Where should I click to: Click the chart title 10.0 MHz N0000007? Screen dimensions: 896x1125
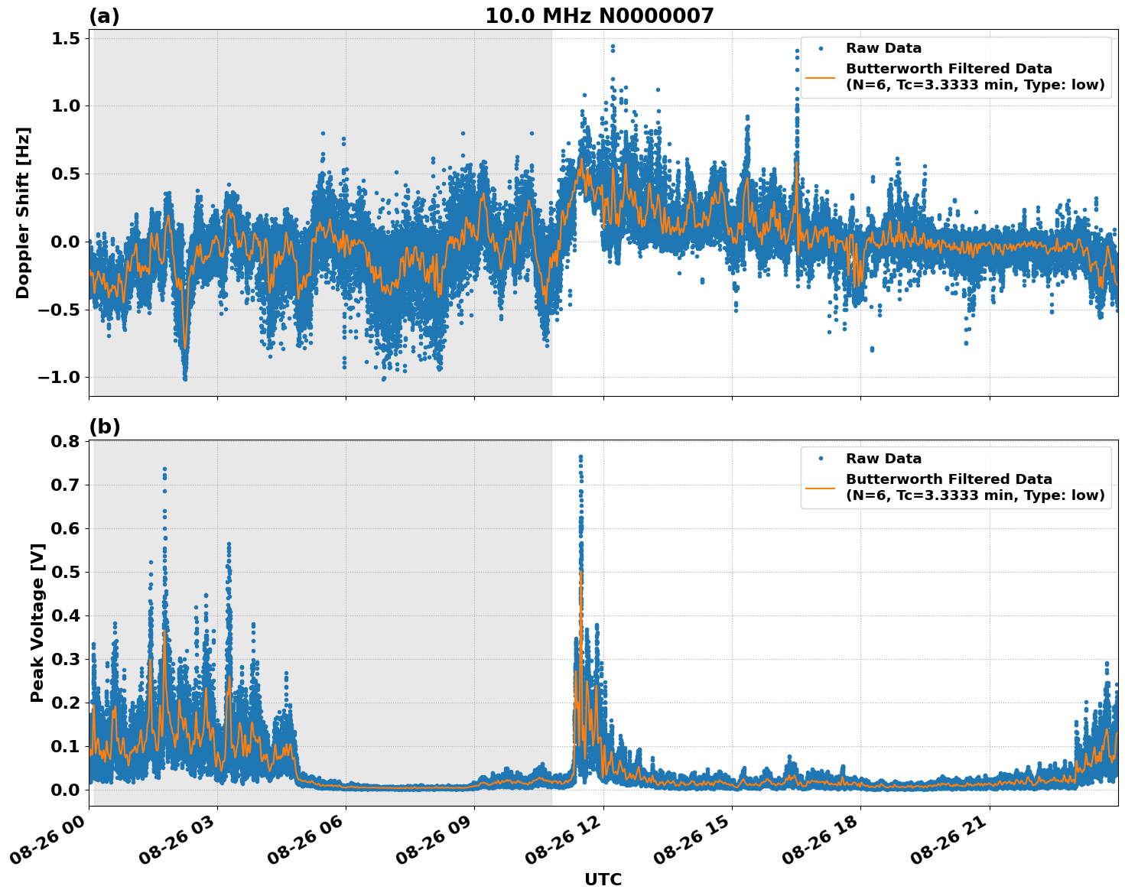599,16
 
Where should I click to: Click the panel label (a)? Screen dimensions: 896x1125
104,16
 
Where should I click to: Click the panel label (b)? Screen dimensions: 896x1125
104,427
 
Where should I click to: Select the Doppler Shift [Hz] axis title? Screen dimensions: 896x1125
23,213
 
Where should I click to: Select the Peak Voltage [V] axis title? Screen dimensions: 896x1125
37,622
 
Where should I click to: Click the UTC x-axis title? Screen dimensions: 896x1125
603,879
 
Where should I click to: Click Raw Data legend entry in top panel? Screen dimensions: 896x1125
883,48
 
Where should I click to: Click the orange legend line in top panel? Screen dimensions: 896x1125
821,76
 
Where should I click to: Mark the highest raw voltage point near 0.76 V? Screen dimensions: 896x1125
580,457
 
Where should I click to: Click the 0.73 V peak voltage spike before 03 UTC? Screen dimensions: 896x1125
164,469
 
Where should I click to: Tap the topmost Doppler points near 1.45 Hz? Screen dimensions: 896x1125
613,47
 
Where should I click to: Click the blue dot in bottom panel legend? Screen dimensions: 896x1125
821,459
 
